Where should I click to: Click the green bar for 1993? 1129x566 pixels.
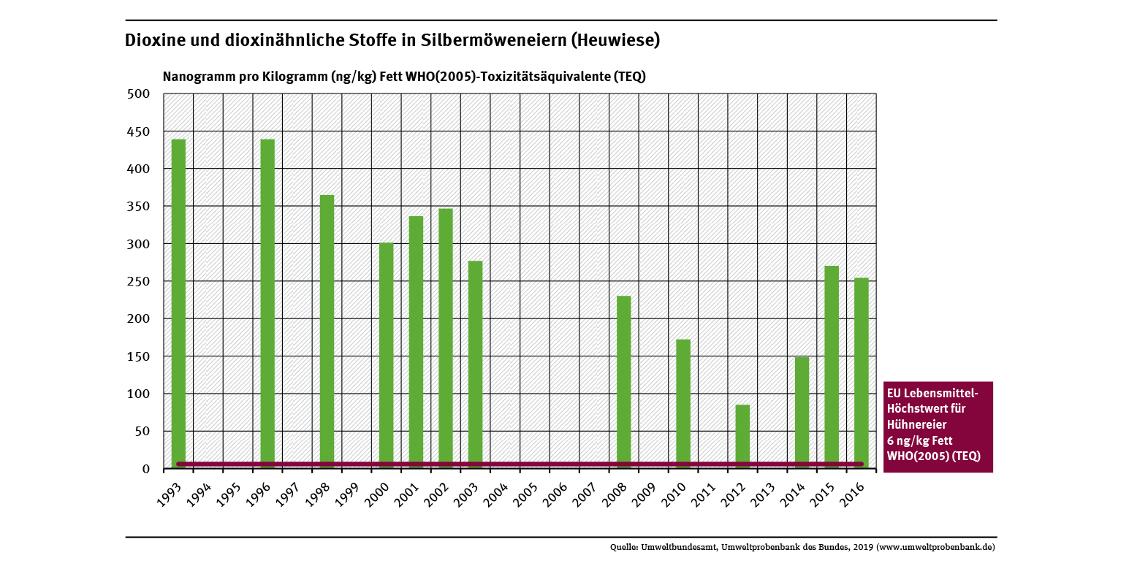[178, 303]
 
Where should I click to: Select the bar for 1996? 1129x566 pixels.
[267, 303]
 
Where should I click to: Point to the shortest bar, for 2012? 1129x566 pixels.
[742, 436]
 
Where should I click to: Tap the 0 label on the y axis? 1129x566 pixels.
[145, 469]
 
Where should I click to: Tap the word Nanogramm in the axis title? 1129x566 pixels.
[197, 77]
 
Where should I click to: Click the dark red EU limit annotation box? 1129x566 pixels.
[938, 426]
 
